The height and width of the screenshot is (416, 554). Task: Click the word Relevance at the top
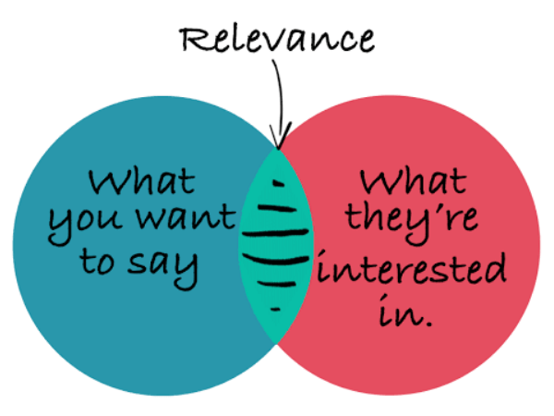pyautogui.click(x=277, y=39)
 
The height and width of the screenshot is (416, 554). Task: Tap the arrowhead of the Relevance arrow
pyautogui.click(x=280, y=136)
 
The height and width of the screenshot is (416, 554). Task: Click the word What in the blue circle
pyautogui.click(x=141, y=182)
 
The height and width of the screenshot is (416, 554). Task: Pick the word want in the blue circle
pyautogui.click(x=186, y=216)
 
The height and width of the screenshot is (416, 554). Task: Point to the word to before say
pyautogui.click(x=97, y=261)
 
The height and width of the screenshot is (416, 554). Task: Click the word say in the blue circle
pyautogui.click(x=163, y=268)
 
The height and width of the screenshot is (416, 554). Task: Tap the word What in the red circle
pyautogui.click(x=413, y=181)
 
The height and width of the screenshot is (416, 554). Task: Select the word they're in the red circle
pyautogui.click(x=412, y=223)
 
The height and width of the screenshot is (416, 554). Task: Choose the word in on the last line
pyautogui.click(x=401, y=311)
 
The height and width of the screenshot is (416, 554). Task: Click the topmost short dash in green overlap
pyautogui.click(x=279, y=183)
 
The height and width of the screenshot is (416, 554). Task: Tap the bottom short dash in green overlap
pyautogui.click(x=275, y=310)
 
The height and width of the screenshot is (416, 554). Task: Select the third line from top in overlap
pyautogui.click(x=275, y=233)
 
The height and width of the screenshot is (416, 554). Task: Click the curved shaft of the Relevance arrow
pyautogui.click(x=282, y=95)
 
